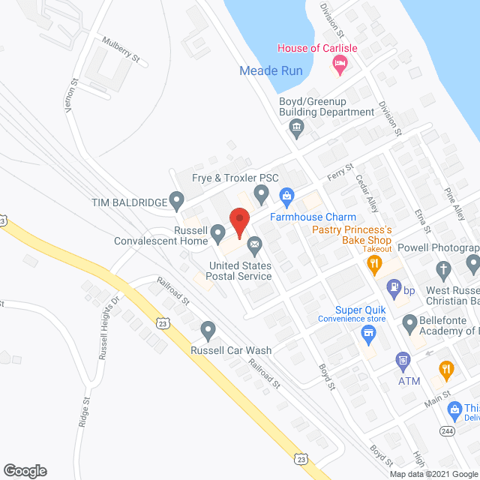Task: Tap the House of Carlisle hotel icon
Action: point(339,67)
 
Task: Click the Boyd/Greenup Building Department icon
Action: point(296,129)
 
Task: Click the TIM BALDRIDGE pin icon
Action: point(177,201)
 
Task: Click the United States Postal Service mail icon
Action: point(254,244)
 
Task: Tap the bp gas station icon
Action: point(392,287)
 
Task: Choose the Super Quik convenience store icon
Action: point(367,332)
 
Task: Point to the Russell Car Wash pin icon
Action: point(208,330)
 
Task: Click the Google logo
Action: point(24,470)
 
